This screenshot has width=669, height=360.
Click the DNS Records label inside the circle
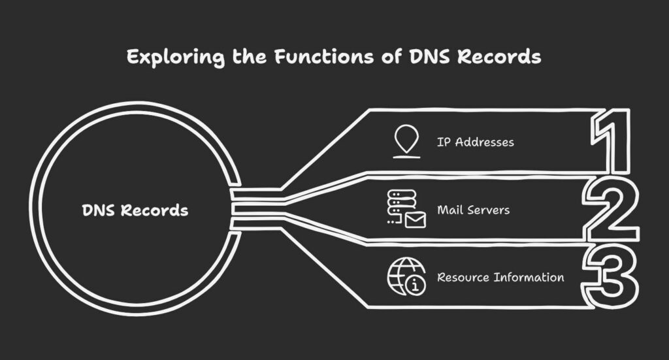[135, 210]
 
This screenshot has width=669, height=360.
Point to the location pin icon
[406, 141]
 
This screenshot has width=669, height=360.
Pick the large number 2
[611, 210]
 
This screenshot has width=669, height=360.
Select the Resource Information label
[500, 277]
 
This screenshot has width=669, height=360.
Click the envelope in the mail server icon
[415, 220]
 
